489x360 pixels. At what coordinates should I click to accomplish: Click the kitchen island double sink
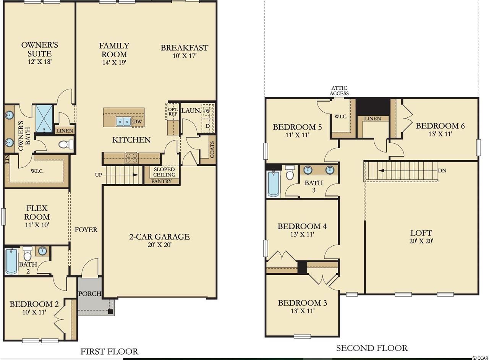(123, 121)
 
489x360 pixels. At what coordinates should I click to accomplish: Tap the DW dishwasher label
(137, 122)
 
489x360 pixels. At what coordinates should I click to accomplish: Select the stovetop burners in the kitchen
(132, 158)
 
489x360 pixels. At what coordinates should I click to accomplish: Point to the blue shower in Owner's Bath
(44, 118)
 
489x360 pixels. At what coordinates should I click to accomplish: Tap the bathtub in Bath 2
(11, 261)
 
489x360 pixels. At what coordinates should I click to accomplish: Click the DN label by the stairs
(442, 170)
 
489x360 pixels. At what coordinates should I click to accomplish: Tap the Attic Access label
(339, 91)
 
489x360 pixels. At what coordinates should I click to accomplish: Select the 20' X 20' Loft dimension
(421, 241)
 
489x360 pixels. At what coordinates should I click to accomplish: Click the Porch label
(90, 294)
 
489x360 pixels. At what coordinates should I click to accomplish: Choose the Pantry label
(162, 181)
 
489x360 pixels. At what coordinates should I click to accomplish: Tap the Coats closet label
(212, 149)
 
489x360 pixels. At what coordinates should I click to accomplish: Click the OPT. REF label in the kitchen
(173, 111)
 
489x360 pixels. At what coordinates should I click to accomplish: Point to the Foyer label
(86, 230)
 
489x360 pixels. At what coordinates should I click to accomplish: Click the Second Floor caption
(372, 348)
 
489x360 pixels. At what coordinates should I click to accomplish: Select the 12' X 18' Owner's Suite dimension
(39, 62)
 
